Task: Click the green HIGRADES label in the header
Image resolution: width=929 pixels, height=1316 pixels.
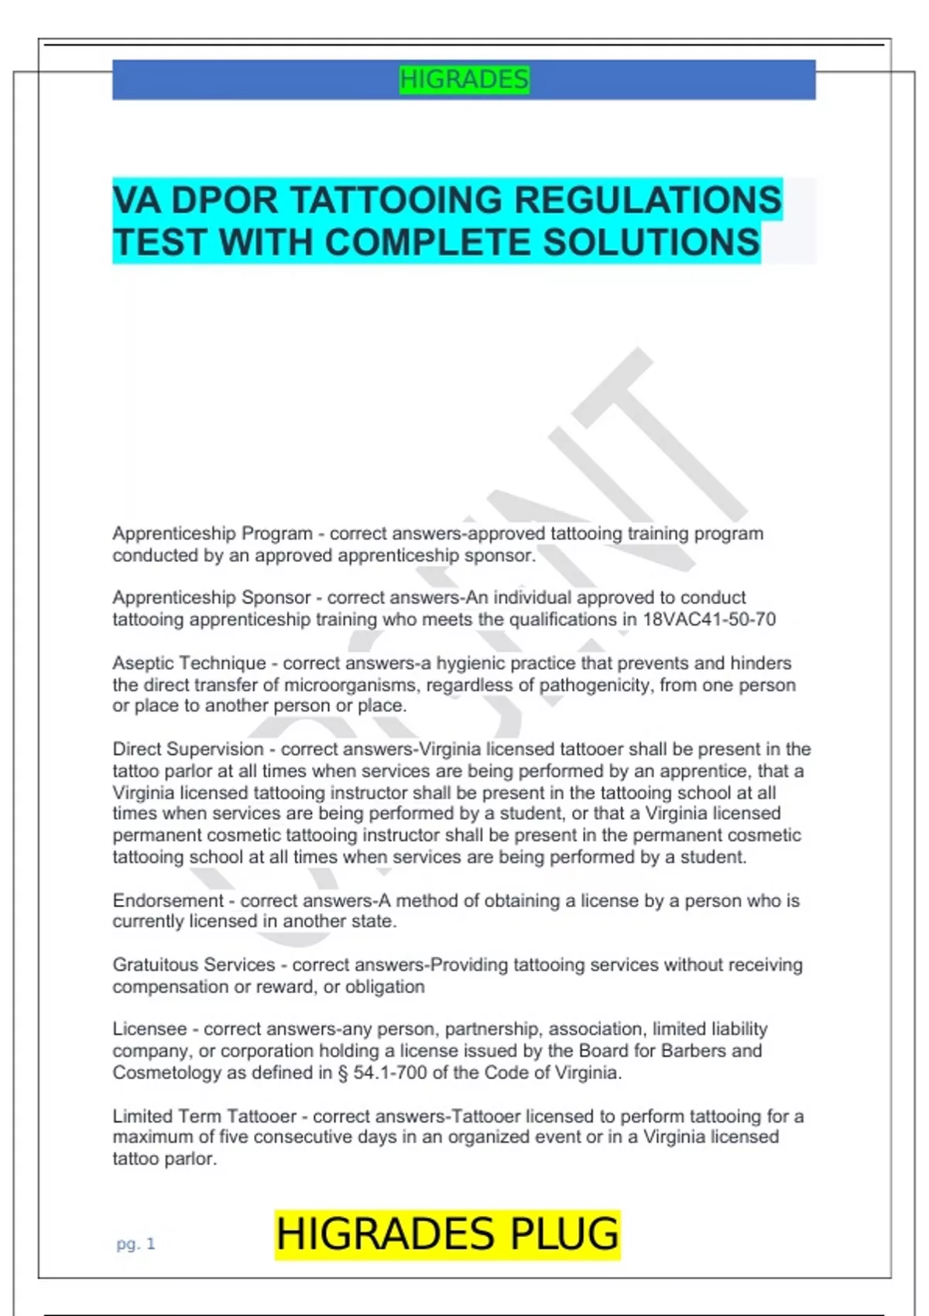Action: [x=464, y=80]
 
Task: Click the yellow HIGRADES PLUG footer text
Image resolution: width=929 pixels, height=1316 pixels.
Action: [x=447, y=1234]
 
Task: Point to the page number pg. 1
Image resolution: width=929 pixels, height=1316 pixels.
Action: [x=135, y=1244]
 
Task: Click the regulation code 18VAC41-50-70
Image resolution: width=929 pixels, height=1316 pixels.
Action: [x=709, y=619]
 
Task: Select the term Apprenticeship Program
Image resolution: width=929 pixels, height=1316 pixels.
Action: [x=212, y=534]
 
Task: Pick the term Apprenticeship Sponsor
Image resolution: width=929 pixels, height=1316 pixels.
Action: [x=211, y=598]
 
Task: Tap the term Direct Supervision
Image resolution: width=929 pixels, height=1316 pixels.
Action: [x=188, y=749]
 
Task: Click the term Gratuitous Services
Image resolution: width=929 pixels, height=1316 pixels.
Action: [x=194, y=965]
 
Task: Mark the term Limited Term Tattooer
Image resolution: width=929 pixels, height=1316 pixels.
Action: [x=204, y=1116]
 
